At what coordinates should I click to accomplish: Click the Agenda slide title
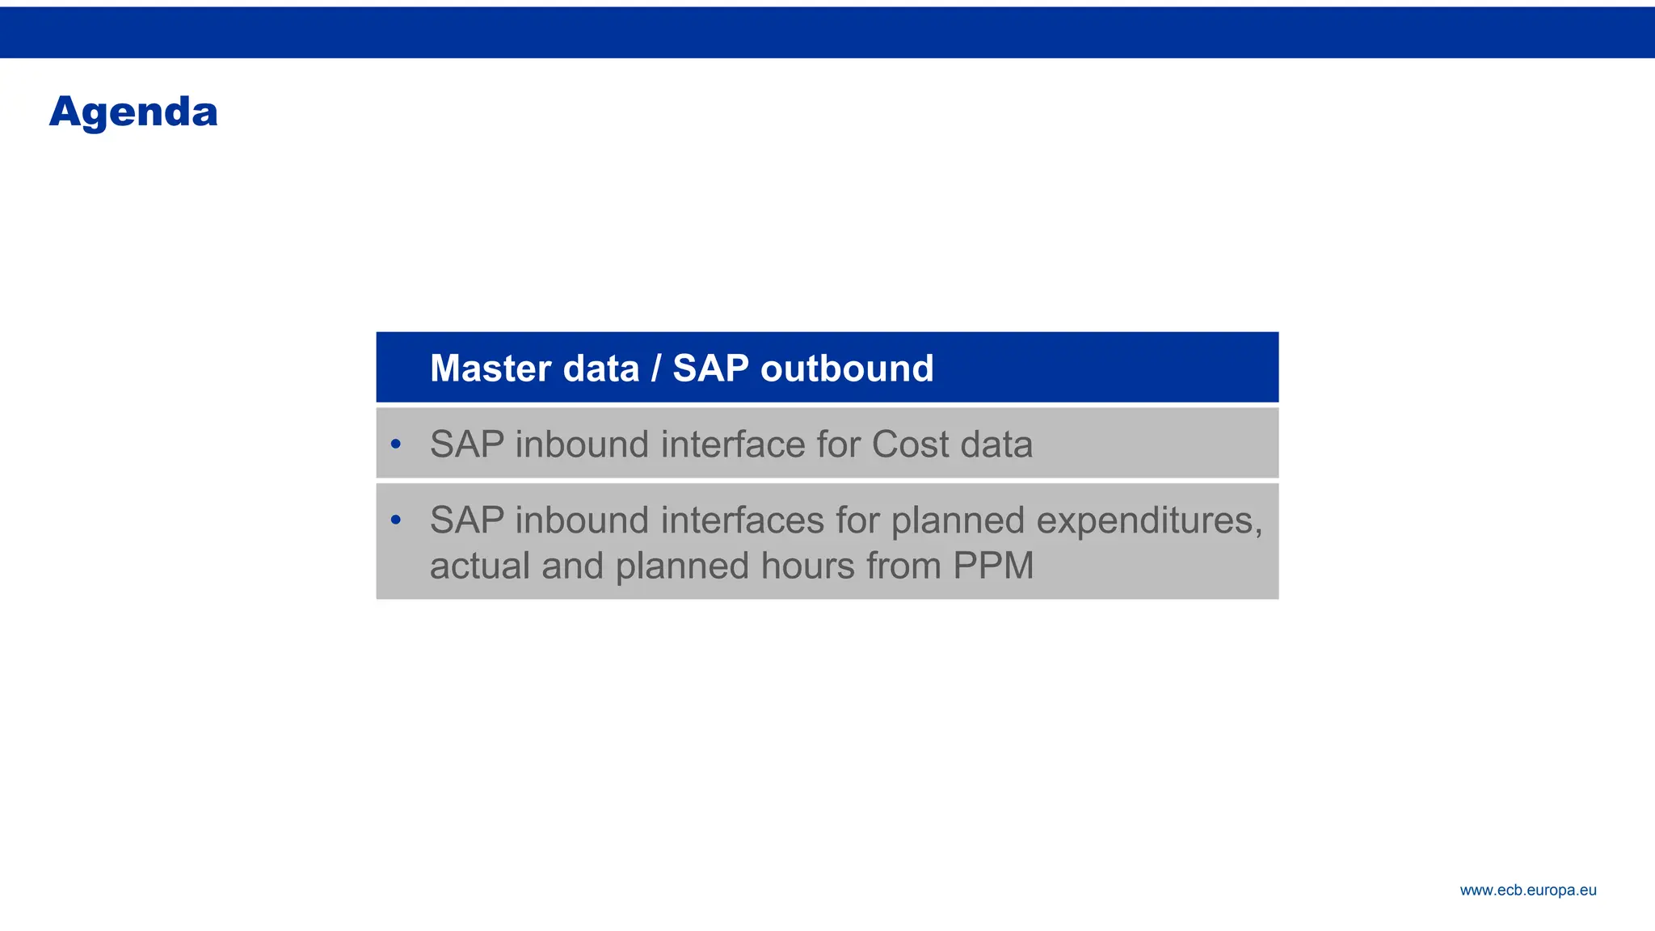pos(133,112)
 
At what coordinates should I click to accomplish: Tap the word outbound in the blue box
pos(847,369)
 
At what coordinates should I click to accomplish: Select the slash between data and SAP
pos(656,369)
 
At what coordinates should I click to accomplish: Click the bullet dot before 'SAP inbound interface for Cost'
pos(395,444)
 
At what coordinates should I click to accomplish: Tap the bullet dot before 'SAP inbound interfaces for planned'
pos(395,520)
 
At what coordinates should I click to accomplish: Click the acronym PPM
pos(993,566)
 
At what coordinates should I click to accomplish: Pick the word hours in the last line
pos(807,566)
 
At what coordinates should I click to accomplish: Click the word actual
pos(479,566)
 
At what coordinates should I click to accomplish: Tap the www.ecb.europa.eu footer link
pos(1527,891)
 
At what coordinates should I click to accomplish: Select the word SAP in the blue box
pos(710,369)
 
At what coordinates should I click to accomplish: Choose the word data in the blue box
pos(600,369)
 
